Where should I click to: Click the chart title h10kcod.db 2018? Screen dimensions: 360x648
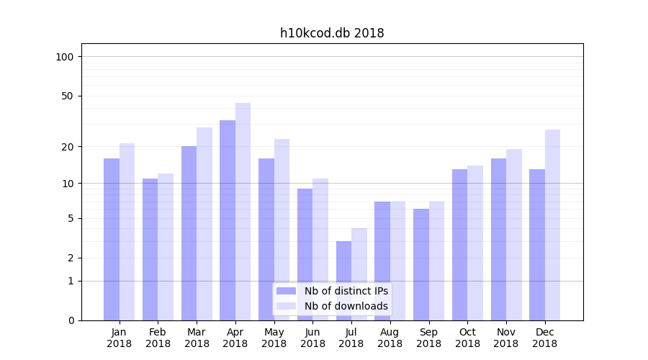(332, 33)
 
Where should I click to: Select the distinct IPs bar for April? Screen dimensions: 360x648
(228, 220)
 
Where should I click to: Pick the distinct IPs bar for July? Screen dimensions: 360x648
(343, 280)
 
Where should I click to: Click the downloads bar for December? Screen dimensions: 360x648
(552, 225)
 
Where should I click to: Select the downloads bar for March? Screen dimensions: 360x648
(204, 223)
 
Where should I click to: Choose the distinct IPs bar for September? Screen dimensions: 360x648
(421, 264)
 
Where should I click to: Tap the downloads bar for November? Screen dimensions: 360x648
(514, 234)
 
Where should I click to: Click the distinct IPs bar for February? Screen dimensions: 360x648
(150, 249)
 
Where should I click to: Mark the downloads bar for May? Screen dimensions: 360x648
(282, 229)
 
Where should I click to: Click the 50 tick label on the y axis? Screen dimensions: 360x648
(67, 96)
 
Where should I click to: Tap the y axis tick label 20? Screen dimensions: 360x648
(67, 147)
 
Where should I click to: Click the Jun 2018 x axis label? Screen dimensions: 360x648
(312, 338)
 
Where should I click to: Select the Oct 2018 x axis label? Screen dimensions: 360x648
(467, 338)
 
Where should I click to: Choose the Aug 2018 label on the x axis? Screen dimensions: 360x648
(390, 338)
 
